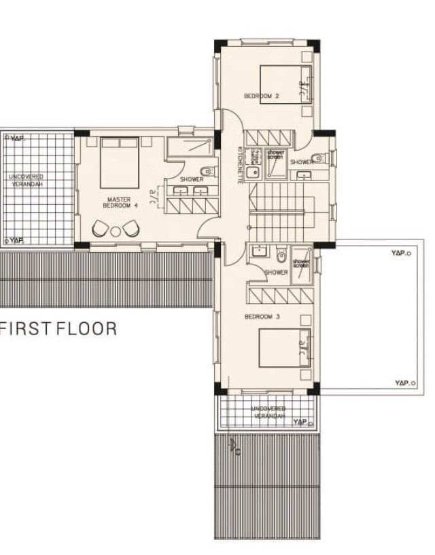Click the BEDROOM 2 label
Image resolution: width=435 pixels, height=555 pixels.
pyautogui.click(x=262, y=96)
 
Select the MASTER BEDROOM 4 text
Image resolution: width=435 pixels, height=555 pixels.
pyautogui.click(x=120, y=201)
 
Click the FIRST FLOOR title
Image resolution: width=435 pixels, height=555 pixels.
pyautogui.click(x=59, y=330)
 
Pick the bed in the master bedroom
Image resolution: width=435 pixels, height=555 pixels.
pyautogui.click(x=120, y=161)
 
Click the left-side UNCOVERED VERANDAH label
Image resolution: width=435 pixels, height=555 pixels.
pyautogui.click(x=27, y=180)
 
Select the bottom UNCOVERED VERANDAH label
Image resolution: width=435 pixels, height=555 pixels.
pyautogui.click(x=268, y=413)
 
